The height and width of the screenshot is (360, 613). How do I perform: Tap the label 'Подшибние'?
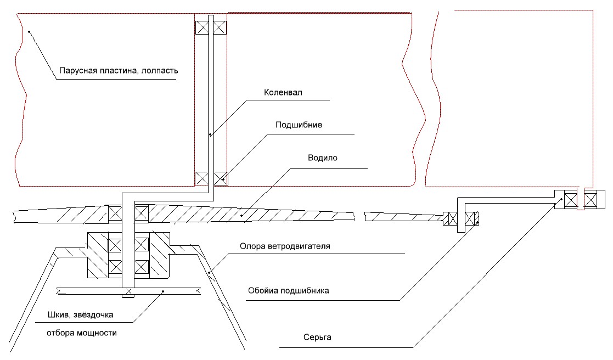pyautogui.click(x=299, y=125)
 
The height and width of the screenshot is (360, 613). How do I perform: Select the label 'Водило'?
pyautogui.click(x=323, y=157)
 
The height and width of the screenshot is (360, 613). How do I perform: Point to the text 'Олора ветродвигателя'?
pyautogui.click(x=284, y=245)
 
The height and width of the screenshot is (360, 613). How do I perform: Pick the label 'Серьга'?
pyautogui.click(x=319, y=337)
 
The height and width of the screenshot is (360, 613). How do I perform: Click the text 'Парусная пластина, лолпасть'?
pyautogui.click(x=119, y=70)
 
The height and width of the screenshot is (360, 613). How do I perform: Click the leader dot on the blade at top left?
pyautogui.click(x=29, y=32)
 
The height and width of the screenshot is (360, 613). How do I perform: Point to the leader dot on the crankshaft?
pyautogui.click(x=209, y=133)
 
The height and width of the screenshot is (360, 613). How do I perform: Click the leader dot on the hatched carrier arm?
pyautogui.click(x=242, y=217)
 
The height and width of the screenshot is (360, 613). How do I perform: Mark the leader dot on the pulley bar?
pyautogui.click(x=163, y=291)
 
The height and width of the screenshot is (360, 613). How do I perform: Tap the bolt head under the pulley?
pyautogui.click(x=127, y=297)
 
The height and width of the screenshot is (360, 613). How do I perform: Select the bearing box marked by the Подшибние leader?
pyautogui.click(x=220, y=178)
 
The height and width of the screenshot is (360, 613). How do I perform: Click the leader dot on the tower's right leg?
pyautogui.click(x=209, y=271)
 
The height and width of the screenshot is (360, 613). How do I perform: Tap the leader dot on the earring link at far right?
pyautogui.click(x=561, y=199)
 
